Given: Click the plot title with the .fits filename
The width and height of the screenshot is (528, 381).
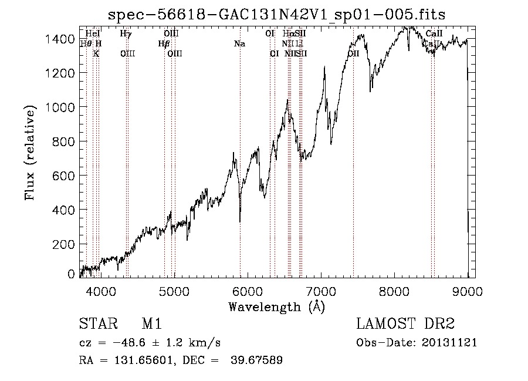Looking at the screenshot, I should [276, 15].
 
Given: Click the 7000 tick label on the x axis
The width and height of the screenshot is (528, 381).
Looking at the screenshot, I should [321, 290].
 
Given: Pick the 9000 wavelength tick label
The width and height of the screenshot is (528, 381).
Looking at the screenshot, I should [468, 290].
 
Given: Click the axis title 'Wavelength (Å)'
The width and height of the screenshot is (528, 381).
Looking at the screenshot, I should [276, 306].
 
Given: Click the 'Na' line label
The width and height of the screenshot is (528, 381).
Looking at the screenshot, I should [239, 44].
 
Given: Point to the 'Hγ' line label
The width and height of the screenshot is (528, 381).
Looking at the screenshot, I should [126, 34].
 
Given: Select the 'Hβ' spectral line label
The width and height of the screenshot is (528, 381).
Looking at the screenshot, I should [164, 44].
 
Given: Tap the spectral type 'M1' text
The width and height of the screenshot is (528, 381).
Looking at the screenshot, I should [151, 325].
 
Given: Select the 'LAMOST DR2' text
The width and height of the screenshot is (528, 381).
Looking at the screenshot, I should [405, 325].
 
